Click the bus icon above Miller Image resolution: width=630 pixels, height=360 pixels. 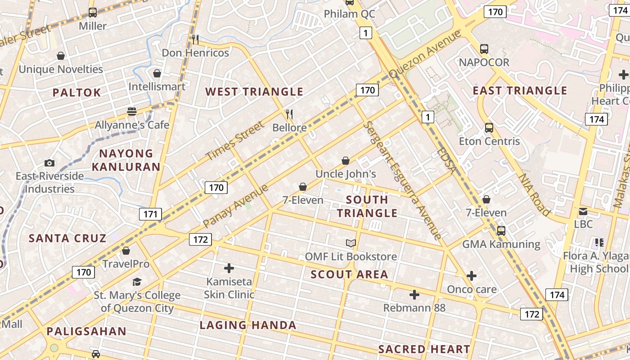(93, 13)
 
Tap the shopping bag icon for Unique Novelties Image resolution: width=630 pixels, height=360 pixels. (61, 56)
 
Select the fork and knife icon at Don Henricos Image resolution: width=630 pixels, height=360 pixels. (195, 40)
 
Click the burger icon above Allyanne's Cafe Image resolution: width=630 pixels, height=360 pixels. (132, 111)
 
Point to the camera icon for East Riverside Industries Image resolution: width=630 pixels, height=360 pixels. (49, 163)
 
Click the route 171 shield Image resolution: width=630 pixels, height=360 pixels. (150, 214)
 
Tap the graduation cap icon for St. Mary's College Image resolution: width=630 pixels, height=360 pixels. (137, 282)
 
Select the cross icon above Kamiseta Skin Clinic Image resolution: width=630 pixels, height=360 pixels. (229, 268)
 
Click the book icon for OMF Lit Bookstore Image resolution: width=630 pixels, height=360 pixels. (351, 243)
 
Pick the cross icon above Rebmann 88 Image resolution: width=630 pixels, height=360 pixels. (414, 295)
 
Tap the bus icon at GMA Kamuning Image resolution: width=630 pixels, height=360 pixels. (501, 231)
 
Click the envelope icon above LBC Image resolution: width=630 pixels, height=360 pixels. (583, 211)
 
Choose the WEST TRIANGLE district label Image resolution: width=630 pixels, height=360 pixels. (254, 92)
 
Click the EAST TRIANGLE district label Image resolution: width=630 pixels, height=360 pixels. (520, 91)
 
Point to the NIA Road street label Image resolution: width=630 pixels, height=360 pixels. (534, 194)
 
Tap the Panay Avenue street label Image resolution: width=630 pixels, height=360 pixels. (235, 206)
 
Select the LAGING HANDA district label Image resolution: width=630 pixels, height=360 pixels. (248, 325)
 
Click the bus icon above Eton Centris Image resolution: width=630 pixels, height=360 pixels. (489, 128)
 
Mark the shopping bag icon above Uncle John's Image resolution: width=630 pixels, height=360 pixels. (346, 161)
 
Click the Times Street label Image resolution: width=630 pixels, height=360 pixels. (235, 141)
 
